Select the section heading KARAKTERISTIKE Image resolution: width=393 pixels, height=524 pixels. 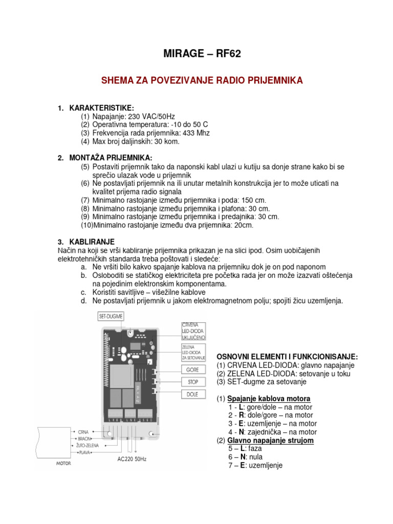point(101,108)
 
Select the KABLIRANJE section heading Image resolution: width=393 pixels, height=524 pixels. point(92,241)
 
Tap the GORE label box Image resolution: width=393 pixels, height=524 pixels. point(192,369)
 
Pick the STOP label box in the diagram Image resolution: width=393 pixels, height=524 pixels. point(192,382)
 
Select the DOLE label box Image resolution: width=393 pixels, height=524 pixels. point(192,395)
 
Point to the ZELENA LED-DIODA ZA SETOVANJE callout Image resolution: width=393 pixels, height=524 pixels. point(193,352)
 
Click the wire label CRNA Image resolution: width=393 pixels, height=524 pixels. point(84,431)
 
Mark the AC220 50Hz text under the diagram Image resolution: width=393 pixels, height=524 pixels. point(132,460)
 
